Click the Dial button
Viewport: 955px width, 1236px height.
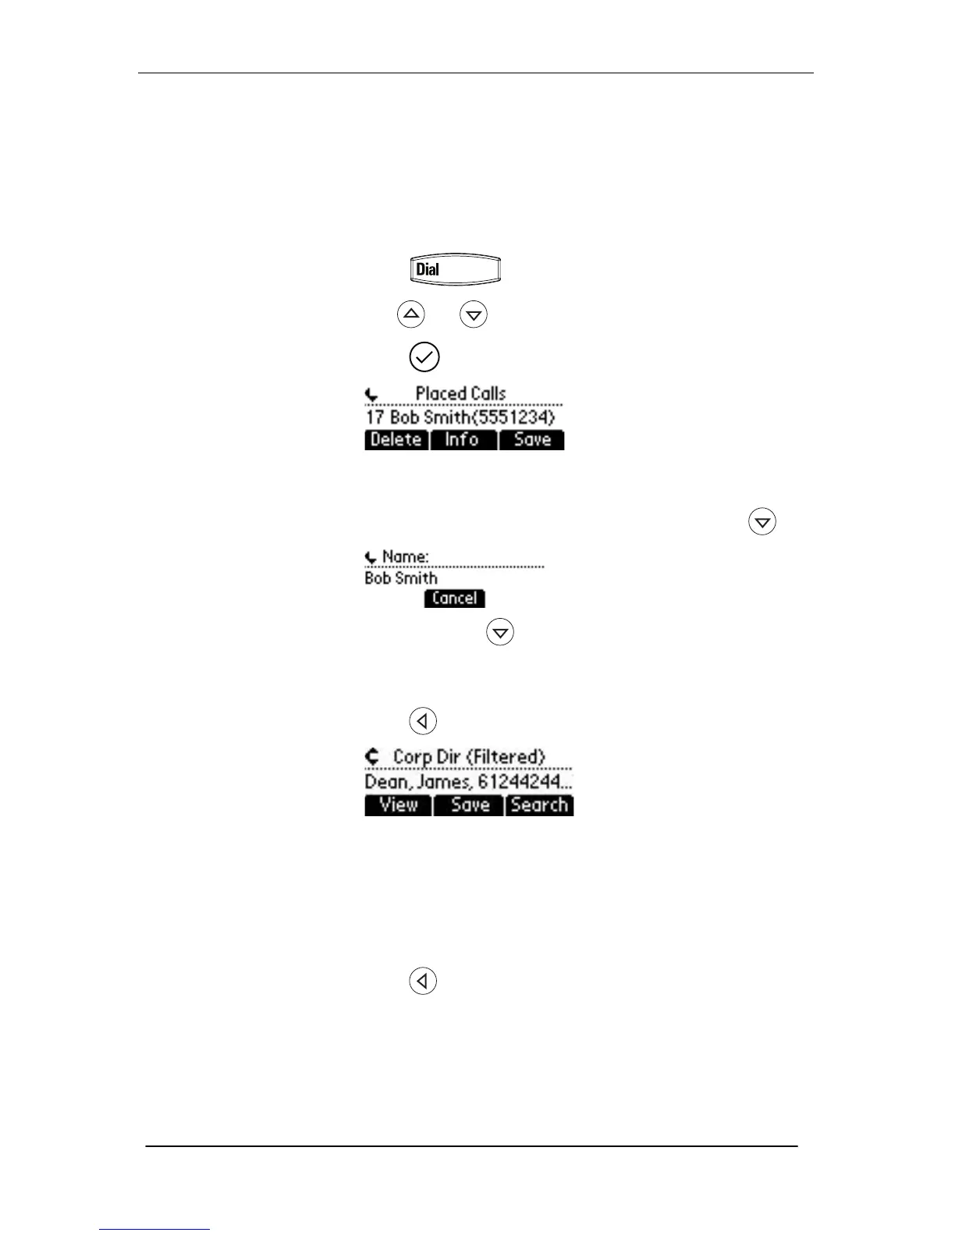point(455,270)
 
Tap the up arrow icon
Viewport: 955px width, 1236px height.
point(411,314)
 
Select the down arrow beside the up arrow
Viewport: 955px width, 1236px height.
point(474,314)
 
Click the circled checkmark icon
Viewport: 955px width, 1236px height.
point(424,357)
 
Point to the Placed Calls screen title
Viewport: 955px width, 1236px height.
point(460,394)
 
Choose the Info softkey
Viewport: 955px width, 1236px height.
point(462,440)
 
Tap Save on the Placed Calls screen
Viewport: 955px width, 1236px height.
point(532,440)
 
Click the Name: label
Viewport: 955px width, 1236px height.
point(405,557)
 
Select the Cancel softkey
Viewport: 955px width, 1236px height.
point(454,598)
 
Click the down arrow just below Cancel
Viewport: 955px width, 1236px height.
point(500,632)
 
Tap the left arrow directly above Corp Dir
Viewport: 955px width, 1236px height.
point(423,721)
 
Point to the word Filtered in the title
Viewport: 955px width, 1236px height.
point(509,757)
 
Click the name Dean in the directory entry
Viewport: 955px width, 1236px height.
point(382,782)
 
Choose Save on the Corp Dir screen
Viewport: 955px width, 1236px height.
point(470,805)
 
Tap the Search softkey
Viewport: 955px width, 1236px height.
point(539,805)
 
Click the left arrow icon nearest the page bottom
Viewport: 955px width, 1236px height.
point(423,981)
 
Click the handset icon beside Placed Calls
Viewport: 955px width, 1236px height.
point(371,396)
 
